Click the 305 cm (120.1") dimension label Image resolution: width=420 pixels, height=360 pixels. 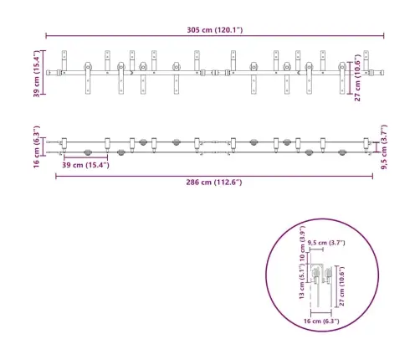click(215, 30)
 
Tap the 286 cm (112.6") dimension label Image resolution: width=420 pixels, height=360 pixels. click(214, 183)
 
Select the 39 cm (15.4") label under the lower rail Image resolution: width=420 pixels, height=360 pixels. click(85, 165)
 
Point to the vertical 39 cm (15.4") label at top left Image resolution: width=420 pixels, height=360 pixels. click(37, 74)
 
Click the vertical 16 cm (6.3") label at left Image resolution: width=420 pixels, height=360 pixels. click(37, 147)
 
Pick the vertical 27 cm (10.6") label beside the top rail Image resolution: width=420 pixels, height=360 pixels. click(357, 78)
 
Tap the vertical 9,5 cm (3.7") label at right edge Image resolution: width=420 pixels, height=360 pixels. click(384, 147)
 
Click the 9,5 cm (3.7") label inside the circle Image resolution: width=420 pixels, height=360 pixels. click(326, 243)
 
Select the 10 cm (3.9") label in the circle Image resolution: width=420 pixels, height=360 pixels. click(302, 243)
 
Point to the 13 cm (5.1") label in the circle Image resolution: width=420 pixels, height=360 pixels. click(302, 282)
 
